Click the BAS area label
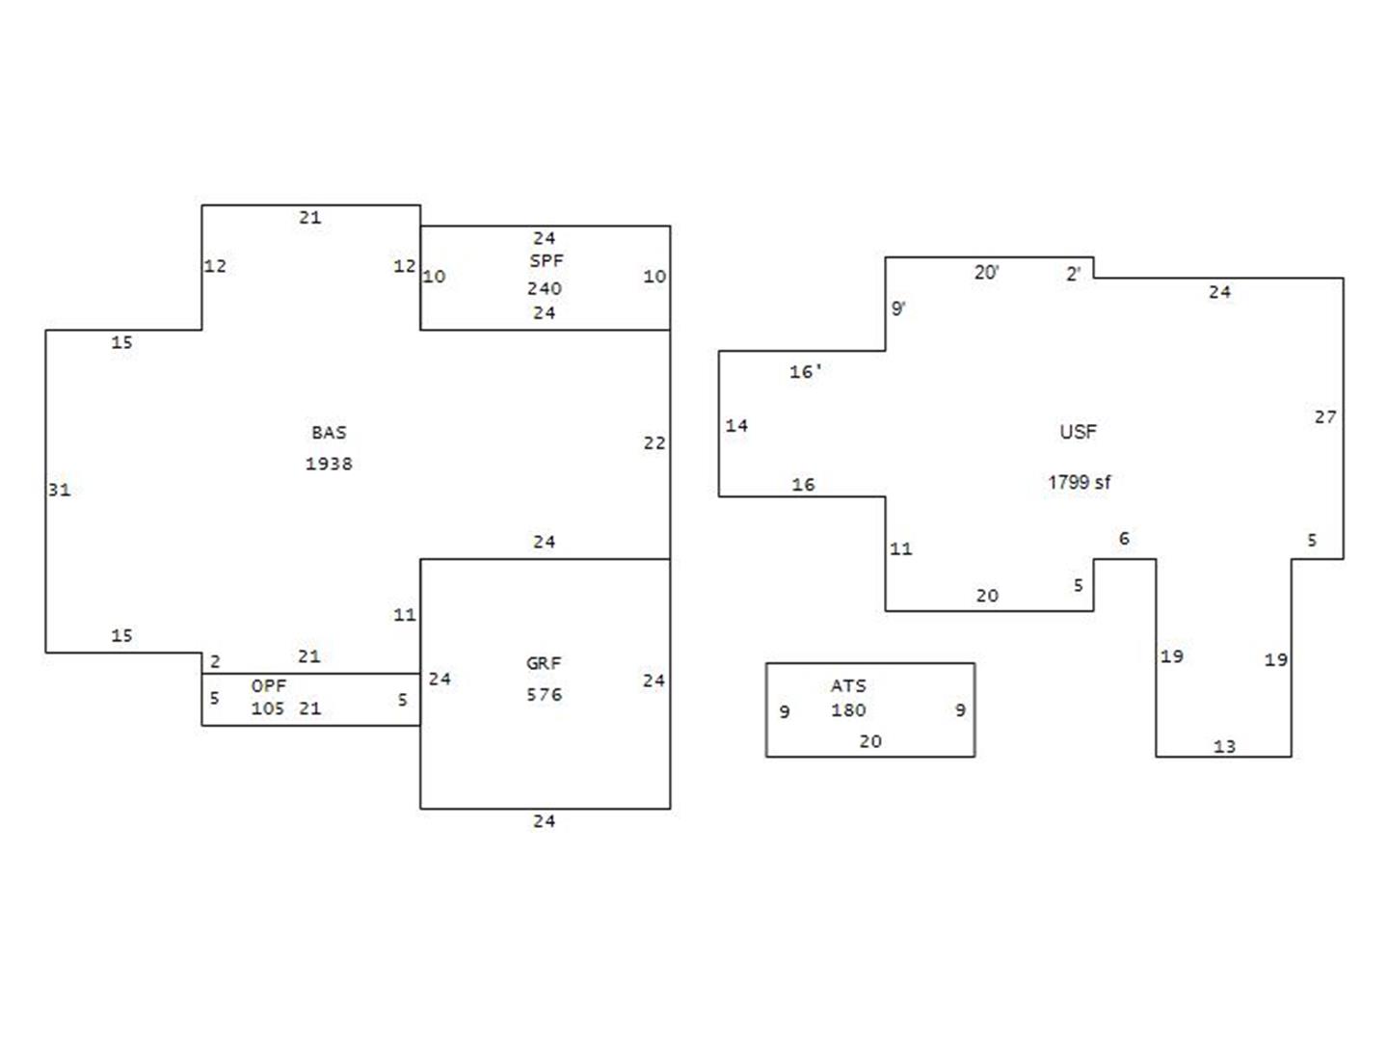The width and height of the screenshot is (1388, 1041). click(x=329, y=433)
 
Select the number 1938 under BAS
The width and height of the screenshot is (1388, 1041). click(x=329, y=464)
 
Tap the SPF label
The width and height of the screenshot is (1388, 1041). click(x=547, y=260)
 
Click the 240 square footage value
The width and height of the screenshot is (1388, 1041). click(x=545, y=288)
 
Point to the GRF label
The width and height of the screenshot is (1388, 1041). click(x=544, y=663)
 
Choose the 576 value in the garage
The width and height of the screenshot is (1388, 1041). click(x=544, y=695)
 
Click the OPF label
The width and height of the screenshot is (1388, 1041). click(x=269, y=685)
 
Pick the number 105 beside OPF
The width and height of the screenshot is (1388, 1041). click(x=268, y=708)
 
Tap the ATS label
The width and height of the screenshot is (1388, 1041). click(x=848, y=685)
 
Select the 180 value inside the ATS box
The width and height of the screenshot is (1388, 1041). click(x=848, y=710)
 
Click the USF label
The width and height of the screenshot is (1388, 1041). click(x=1079, y=432)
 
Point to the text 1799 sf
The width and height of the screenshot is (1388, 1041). click(x=1079, y=482)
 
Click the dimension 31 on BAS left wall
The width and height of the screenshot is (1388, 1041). click(x=60, y=490)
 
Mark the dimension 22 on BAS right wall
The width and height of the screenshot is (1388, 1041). click(x=654, y=443)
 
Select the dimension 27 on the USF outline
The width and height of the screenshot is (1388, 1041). click(x=1325, y=417)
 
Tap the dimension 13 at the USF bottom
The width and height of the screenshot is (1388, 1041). click(x=1224, y=746)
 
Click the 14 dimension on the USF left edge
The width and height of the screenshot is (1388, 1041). click(x=736, y=425)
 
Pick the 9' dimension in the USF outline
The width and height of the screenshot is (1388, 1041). click(x=898, y=308)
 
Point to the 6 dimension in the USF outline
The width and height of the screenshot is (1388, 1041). click(x=1124, y=539)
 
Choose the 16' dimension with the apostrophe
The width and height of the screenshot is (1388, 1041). click(x=805, y=372)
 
